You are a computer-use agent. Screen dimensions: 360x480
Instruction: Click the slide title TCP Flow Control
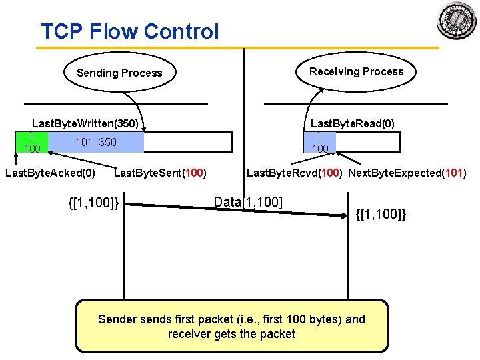pos(129,31)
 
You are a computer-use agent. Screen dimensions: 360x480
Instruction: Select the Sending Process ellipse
pos(119,73)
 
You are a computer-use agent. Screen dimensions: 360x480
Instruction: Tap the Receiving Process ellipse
pos(356,71)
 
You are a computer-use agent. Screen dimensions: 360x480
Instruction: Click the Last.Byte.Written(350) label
pos(85,123)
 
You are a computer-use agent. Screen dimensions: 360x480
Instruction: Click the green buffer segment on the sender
pos(32,143)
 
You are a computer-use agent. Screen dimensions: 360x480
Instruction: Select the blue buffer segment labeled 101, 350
pos(96,143)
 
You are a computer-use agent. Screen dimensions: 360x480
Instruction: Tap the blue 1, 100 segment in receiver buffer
pos(320,143)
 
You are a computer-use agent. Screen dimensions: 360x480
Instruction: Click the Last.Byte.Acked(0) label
pos(50,173)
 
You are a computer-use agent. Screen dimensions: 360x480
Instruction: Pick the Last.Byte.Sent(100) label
pos(160,173)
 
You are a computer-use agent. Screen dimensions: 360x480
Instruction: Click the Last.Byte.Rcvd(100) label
pos(295,173)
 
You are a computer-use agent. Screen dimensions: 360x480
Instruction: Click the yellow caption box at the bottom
pos(231,326)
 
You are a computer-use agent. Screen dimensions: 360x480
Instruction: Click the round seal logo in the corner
pos(457,21)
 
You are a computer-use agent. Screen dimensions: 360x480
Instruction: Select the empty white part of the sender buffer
pos(187,143)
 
